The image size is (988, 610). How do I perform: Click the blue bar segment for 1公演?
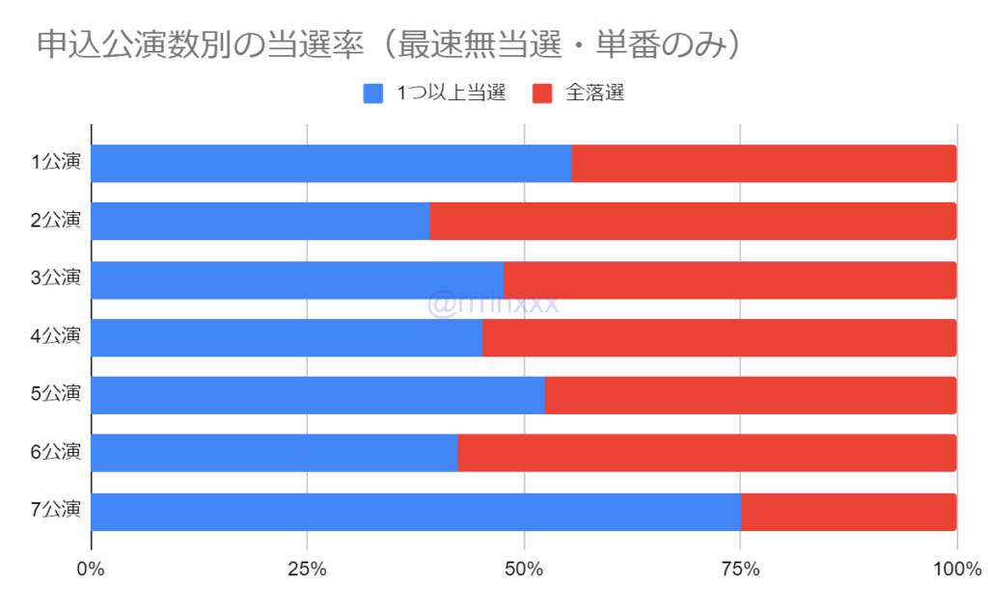(x=331, y=164)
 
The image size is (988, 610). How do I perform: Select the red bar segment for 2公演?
(x=693, y=222)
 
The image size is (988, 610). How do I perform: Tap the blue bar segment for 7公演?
(x=416, y=512)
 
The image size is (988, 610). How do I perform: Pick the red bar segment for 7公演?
(x=848, y=512)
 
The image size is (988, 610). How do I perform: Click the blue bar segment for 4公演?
(x=287, y=337)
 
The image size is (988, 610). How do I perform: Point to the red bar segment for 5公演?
(x=751, y=395)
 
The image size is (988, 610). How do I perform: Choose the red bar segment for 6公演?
(x=706, y=453)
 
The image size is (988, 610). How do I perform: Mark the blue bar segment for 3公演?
(x=297, y=279)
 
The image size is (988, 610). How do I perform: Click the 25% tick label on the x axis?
(x=306, y=570)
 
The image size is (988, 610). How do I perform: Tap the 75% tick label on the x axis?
(x=739, y=570)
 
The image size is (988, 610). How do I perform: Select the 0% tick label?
(x=91, y=570)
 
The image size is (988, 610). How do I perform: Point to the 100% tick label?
(x=955, y=570)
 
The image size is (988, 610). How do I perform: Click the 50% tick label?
(x=523, y=570)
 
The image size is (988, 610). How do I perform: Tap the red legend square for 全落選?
(x=542, y=93)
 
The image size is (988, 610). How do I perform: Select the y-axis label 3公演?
(x=55, y=278)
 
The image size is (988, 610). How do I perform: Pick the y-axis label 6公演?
(x=55, y=452)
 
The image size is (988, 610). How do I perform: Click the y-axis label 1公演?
(x=55, y=163)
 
